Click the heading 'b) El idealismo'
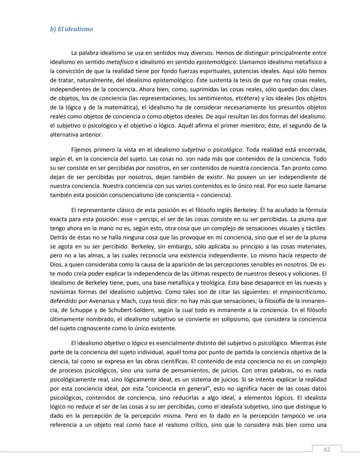coord(71,29)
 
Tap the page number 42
coord(327,450)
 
